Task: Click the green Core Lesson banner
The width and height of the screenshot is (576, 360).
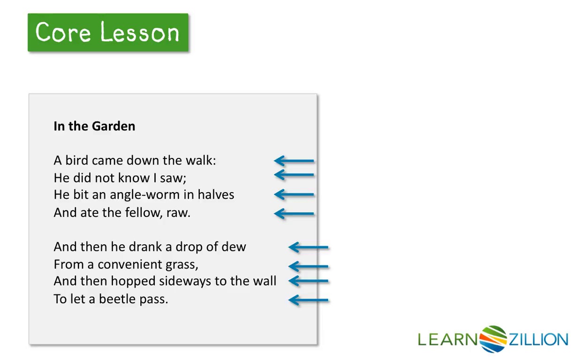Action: tap(108, 32)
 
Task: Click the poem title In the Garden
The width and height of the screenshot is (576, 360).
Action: tap(94, 126)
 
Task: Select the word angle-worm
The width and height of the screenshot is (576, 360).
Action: tap(145, 195)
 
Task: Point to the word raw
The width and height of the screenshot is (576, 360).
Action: tap(178, 213)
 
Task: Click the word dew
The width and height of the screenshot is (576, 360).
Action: tap(234, 247)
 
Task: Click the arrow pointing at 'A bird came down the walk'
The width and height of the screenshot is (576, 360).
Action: tap(294, 161)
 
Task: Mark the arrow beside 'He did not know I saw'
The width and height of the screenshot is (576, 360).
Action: tap(294, 175)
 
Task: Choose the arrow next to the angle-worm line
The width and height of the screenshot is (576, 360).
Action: tap(294, 195)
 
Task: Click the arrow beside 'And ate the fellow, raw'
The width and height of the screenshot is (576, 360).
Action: tap(294, 214)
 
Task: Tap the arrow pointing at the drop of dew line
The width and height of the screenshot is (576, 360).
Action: tap(308, 247)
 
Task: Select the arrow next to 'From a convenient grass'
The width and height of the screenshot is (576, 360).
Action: tap(308, 266)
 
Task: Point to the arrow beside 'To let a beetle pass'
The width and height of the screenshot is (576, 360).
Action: tap(308, 300)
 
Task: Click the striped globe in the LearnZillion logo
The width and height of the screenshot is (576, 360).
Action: tap(493, 339)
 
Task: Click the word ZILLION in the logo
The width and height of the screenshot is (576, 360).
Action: tap(538, 339)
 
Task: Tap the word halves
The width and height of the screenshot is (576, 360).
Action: tap(216, 195)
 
